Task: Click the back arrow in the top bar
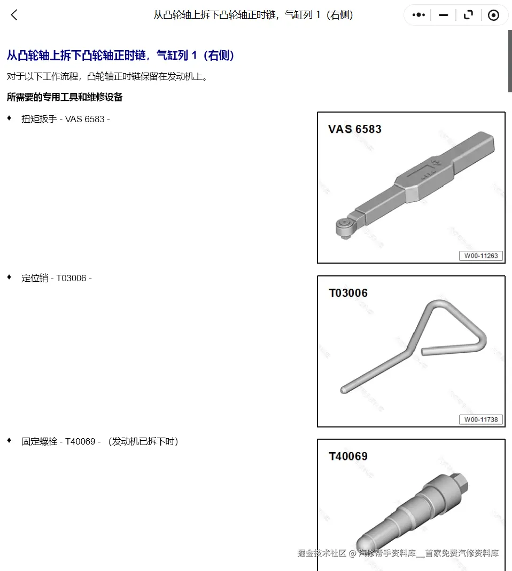pos(14,15)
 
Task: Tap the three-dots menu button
pos(418,15)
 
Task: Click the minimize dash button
pos(444,15)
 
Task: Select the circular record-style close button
pos(493,15)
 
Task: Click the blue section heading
pos(120,55)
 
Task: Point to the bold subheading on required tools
pos(65,97)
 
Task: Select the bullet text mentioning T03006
pos(57,278)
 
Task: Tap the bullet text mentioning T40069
pos(99,441)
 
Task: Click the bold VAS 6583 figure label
pos(354,129)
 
